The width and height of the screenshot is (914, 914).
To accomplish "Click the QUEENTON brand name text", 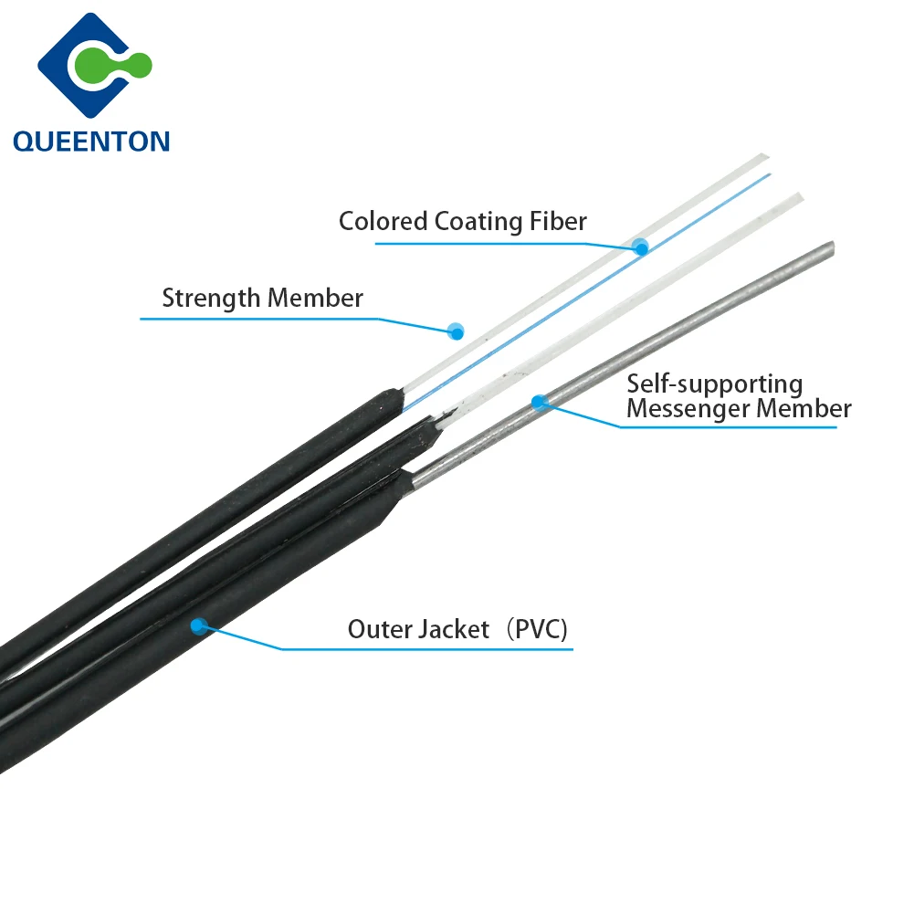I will coord(91,141).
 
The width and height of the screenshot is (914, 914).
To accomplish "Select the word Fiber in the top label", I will coord(556,221).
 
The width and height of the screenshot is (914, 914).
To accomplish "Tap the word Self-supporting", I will coord(713,384).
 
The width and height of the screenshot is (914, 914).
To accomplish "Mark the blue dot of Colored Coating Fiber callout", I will coord(640,246).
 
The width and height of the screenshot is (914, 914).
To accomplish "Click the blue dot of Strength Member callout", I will coord(456,331).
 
